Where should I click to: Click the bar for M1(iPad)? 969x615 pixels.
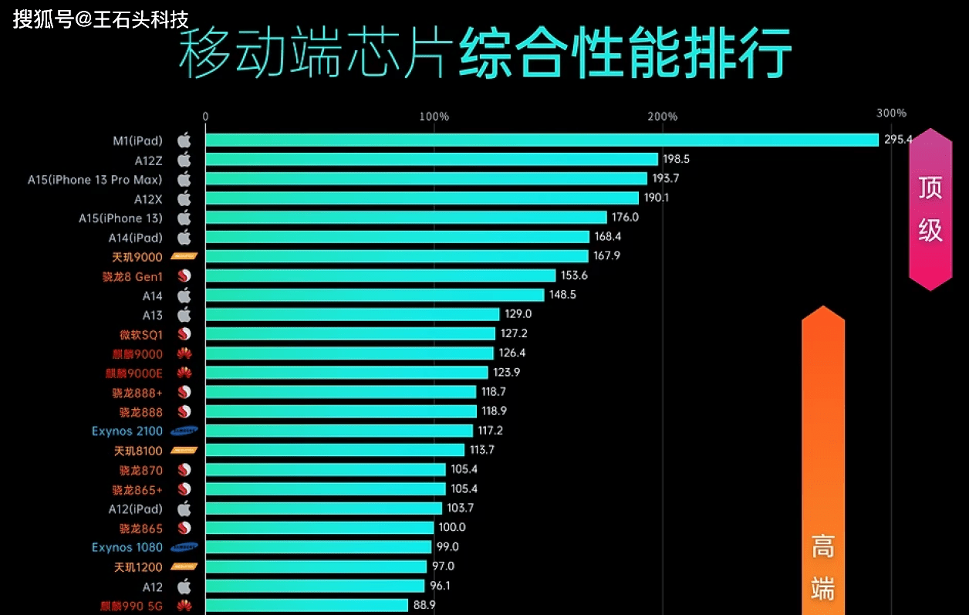[540, 140]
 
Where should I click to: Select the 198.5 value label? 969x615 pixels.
[676, 159]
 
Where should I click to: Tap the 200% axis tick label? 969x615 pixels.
[662, 117]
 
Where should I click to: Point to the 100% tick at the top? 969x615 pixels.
[434, 117]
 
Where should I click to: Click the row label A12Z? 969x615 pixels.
[148, 160]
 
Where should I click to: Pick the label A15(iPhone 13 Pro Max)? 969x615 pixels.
[95, 179]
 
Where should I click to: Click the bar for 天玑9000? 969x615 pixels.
[397, 256]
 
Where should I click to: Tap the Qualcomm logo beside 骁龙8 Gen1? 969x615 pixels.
[184, 276]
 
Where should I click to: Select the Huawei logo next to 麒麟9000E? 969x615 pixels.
[184, 373]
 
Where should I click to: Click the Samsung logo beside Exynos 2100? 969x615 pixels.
[184, 431]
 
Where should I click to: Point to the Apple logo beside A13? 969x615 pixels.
[184, 315]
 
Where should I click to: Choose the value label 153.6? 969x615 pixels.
[574, 275]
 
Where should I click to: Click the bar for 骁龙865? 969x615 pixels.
[319, 528]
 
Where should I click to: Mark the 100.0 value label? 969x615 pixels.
[451, 528]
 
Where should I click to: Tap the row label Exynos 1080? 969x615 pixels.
[127, 547]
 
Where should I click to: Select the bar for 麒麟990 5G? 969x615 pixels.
[306, 605]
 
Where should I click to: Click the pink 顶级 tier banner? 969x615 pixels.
[930, 209]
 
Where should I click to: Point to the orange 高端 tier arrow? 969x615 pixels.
[823, 463]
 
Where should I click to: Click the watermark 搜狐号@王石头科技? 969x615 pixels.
[100, 19]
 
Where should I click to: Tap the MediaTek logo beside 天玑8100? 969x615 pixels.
[184, 450]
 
